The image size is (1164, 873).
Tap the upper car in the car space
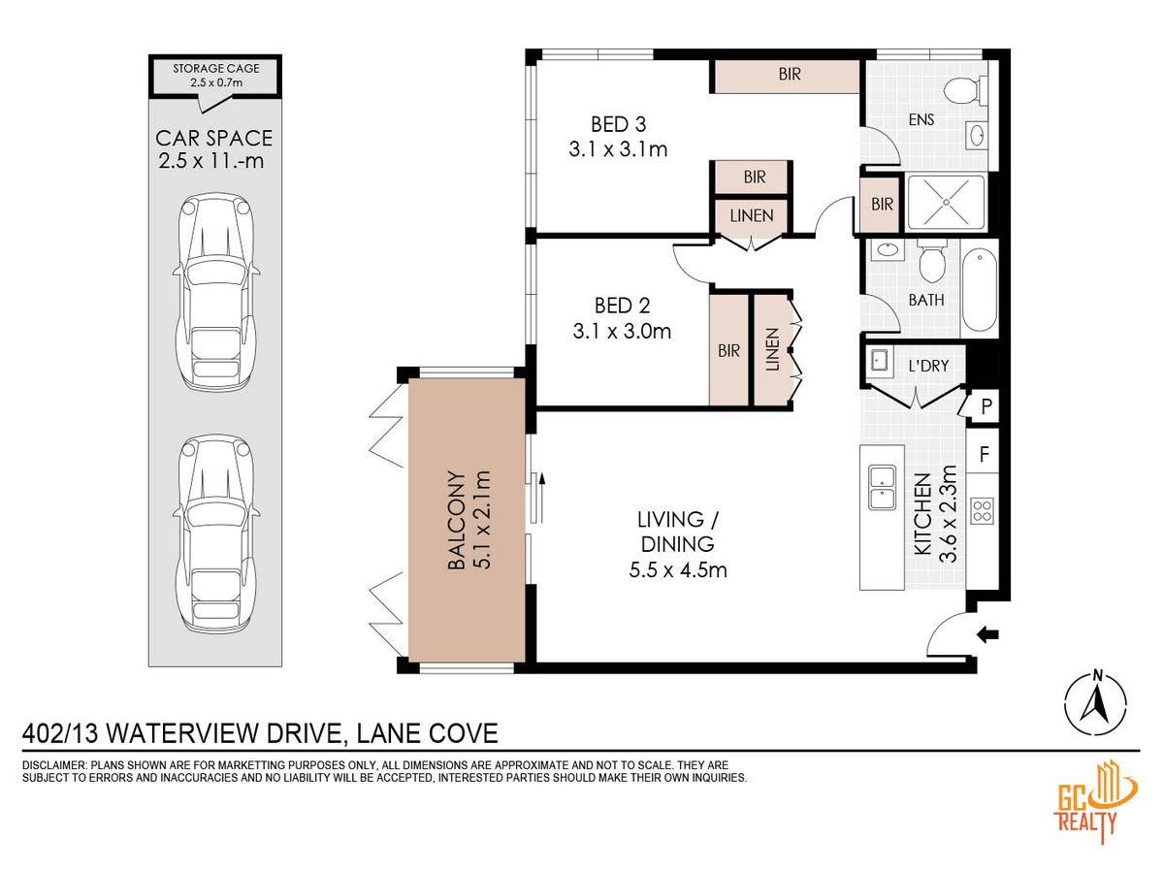tap(216, 292)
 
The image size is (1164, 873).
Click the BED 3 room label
tap(618, 124)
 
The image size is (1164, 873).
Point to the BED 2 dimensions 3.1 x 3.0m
tap(622, 332)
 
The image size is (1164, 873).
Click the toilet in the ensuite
tap(965, 90)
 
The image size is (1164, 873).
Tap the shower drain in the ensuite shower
tap(946, 202)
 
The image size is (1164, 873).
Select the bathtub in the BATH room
tap(980, 290)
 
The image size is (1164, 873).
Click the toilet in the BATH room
tap(932, 261)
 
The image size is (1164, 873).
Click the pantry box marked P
tap(986, 406)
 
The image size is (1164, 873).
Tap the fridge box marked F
tap(984, 454)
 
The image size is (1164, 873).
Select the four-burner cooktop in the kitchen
tap(982, 511)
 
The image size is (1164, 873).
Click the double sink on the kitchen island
tap(882, 487)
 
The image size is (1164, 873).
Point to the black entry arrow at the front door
tap(987, 634)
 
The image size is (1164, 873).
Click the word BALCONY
tap(456, 520)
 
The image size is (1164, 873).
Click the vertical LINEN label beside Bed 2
tap(773, 349)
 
